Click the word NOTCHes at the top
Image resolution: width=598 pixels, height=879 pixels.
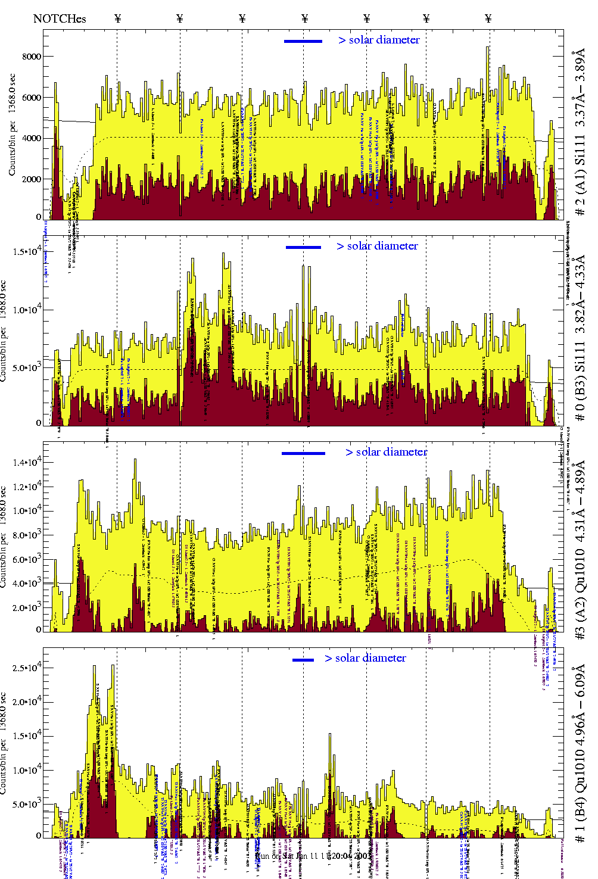point(60,18)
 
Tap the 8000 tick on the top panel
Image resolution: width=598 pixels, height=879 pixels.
point(32,57)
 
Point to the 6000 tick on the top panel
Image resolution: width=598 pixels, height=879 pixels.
point(32,98)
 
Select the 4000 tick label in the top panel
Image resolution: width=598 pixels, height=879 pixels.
point(32,138)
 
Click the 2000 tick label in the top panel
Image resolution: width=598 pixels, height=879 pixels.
point(32,179)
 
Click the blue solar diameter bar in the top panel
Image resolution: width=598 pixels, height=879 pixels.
point(303,41)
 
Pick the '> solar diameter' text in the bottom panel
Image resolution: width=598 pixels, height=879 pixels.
point(365,658)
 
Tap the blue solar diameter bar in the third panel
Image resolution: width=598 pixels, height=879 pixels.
point(303,453)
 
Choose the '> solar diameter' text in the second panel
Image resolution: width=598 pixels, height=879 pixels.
point(377,246)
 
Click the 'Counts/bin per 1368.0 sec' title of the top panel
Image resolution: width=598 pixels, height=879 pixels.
point(13,124)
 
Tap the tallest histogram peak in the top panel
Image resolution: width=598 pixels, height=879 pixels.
point(488,48)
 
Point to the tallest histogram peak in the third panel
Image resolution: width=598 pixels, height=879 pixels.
point(135,460)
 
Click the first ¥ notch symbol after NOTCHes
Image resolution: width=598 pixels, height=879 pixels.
point(117,18)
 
